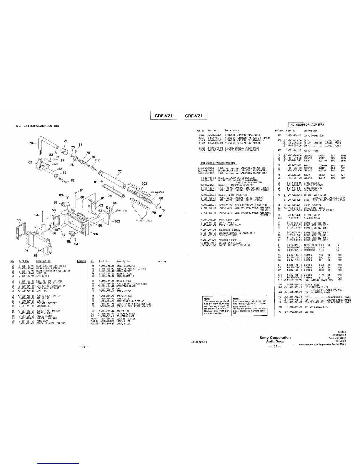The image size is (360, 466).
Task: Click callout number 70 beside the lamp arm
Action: pyautogui.click(x=31, y=144)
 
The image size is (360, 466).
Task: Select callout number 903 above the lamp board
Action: pyautogui.click(x=144, y=184)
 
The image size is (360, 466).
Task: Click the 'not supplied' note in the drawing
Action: pyautogui.click(x=157, y=192)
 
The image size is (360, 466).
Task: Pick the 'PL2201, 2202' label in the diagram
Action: pyautogui.click(x=144, y=220)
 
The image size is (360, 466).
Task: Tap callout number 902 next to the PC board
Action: pyautogui.click(x=117, y=222)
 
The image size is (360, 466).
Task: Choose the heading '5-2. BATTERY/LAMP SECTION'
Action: pyautogui.click(x=37, y=126)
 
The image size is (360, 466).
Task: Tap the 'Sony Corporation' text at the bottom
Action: pyautogui.click(x=275, y=337)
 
